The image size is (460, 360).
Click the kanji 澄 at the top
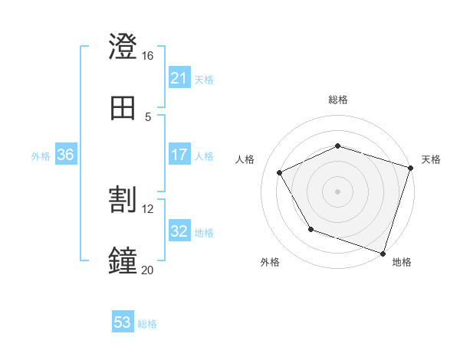click(123, 47)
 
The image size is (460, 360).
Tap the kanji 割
click(123, 201)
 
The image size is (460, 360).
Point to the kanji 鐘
click(123, 260)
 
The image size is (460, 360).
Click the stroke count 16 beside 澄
click(147, 56)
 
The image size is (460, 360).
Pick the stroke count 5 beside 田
click(147, 117)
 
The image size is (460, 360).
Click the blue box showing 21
click(179, 78)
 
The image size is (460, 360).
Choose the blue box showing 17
click(179, 155)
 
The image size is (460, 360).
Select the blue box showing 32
click(179, 231)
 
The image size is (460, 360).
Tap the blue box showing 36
click(65, 155)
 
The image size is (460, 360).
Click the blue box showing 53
click(123, 322)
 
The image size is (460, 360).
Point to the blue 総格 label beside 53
click(147, 324)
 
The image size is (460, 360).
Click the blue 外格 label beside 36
click(41, 156)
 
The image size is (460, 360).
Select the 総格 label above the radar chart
click(337, 100)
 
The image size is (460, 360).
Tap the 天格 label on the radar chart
click(431, 159)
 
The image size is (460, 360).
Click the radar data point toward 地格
click(383, 253)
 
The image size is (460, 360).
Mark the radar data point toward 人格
click(280, 172)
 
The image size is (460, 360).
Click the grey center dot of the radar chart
click(337, 191)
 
